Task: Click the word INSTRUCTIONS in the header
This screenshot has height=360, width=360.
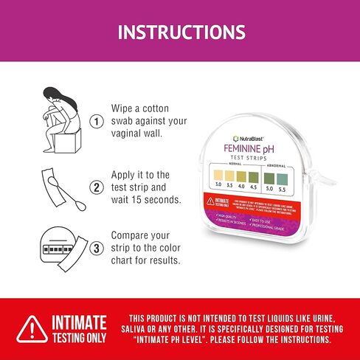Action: tap(181, 32)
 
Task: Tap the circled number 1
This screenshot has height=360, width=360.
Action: tap(95, 121)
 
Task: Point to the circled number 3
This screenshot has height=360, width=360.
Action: tap(95, 249)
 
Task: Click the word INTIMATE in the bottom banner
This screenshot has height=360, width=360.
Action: tap(78, 322)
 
